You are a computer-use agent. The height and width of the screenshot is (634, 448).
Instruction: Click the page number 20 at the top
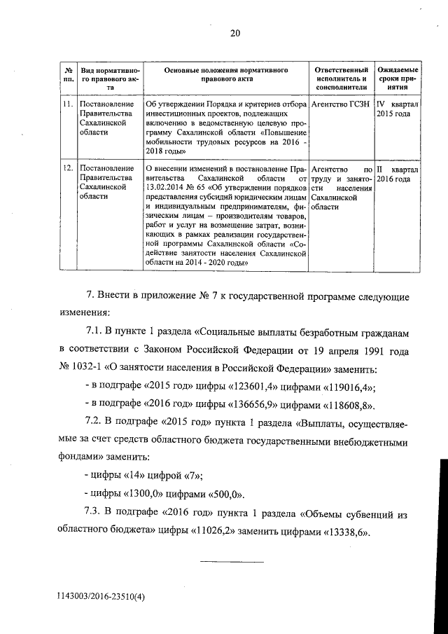[x=234, y=32]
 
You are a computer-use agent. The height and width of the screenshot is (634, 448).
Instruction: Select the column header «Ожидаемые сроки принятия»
[x=398, y=80]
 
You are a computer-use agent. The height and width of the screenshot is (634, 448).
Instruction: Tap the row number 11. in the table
[x=68, y=105]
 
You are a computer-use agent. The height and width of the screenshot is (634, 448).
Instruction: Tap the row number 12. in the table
[x=68, y=170]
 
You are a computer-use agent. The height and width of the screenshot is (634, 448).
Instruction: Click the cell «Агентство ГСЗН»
[x=341, y=105]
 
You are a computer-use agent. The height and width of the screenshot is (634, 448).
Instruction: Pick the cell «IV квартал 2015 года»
[x=398, y=110]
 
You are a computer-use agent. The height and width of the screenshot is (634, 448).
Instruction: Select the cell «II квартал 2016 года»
[x=398, y=174]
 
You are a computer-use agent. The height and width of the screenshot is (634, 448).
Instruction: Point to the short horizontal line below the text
[x=232, y=563]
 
